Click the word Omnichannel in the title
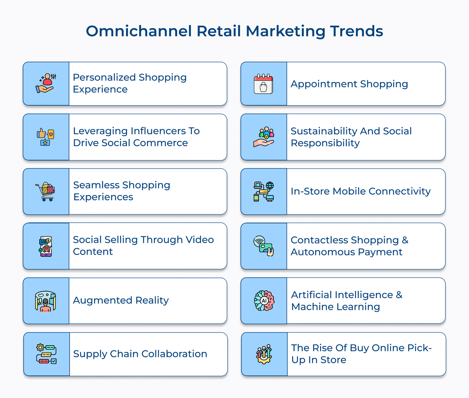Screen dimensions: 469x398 point(139,31)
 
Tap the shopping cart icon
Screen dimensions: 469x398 point(45,192)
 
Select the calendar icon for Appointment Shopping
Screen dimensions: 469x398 point(264,84)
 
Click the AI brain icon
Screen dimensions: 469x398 point(264,300)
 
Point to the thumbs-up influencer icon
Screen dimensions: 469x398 point(45,137)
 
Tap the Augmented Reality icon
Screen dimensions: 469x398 point(45,301)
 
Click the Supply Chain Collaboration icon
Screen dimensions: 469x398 point(46,354)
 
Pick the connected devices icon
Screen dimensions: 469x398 point(264,192)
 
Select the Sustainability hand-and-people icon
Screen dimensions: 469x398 point(264,137)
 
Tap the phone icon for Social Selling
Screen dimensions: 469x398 point(45,246)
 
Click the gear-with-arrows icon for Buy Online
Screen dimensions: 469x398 point(264,354)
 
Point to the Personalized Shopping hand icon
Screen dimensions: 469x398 point(46,83)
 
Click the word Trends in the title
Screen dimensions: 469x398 point(356,31)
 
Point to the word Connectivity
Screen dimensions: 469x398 point(400,191)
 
